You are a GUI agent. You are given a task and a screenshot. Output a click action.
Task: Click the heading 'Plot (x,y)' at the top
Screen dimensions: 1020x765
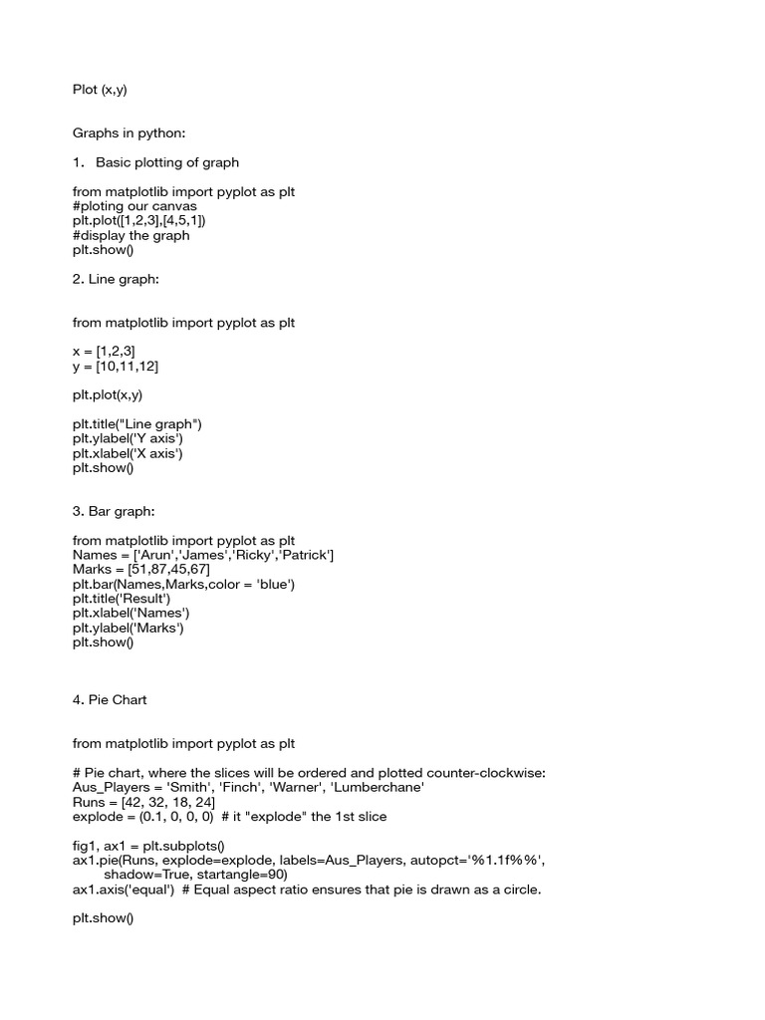click(x=100, y=90)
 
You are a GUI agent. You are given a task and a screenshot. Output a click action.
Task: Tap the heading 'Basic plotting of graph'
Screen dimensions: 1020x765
click(x=167, y=161)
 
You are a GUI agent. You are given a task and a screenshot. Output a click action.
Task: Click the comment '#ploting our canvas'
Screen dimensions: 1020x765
click(x=134, y=206)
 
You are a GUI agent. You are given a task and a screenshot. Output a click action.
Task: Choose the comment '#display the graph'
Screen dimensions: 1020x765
click(x=130, y=235)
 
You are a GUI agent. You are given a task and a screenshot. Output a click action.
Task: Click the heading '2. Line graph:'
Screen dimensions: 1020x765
click(x=116, y=279)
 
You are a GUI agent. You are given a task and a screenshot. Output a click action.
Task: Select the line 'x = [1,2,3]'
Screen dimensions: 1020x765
click(x=104, y=352)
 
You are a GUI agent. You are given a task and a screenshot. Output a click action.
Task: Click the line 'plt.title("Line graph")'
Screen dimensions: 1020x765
click(x=137, y=423)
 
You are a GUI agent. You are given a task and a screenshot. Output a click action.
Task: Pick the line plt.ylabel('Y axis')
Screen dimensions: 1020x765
click(x=127, y=438)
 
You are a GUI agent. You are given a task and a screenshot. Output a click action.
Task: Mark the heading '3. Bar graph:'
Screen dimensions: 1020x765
click(x=114, y=511)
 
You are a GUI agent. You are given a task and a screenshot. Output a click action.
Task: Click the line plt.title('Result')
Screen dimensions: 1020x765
click(x=122, y=599)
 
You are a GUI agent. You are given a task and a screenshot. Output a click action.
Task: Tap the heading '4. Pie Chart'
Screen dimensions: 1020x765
click(x=110, y=700)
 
